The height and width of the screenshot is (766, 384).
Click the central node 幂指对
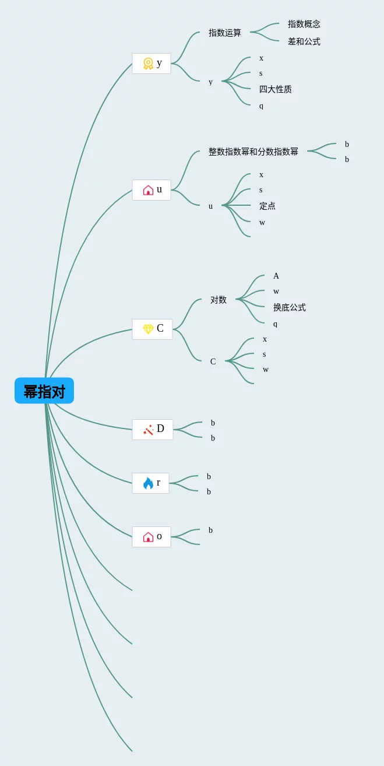(x=44, y=391)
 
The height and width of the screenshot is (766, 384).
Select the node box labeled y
(x=152, y=64)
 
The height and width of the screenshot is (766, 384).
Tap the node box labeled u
(x=152, y=190)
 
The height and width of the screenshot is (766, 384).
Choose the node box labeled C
(x=152, y=329)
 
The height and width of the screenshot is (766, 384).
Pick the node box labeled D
(x=153, y=430)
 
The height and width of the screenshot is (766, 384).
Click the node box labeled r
(x=150, y=483)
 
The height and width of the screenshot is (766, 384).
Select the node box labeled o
(x=152, y=537)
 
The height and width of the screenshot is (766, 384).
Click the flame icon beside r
(x=148, y=483)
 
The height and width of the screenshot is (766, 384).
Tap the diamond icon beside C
(x=148, y=329)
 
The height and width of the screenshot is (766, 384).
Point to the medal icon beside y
(x=148, y=64)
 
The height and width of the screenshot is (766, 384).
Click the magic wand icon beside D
(x=148, y=430)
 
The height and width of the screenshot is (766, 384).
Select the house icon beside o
(x=148, y=537)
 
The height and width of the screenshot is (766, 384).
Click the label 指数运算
(x=225, y=33)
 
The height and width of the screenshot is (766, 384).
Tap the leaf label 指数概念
(x=304, y=24)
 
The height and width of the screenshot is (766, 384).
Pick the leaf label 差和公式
(x=304, y=41)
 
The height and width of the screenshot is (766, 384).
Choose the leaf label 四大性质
(x=276, y=89)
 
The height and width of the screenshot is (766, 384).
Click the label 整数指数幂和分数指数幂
(x=253, y=152)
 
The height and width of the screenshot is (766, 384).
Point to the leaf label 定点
(x=267, y=206)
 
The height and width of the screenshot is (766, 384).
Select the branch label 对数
(x=219, y=300)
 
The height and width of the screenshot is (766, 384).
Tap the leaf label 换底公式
(x=290, y=307)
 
